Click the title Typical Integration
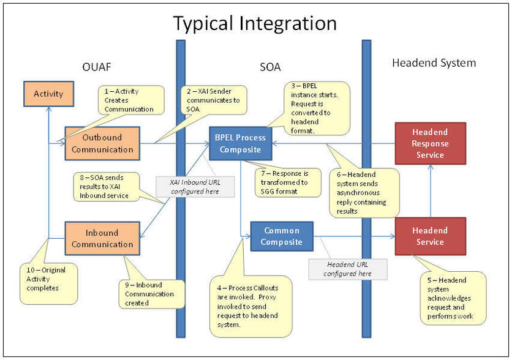pos(255,23)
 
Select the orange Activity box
pos(48,94)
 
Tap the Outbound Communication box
pos(102,143)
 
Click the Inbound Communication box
pos(102,238)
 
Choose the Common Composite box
pos(282,236)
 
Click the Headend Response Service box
pos(430,143)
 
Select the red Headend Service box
pos(430,236)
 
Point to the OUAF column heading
pos(96,66)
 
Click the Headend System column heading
pos(434,62)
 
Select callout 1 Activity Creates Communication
pos(131,100)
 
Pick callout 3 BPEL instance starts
pos(316,108)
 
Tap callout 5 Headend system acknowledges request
pos(453,299)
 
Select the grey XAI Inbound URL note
pos(195,186)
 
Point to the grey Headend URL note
pos(348,268)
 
